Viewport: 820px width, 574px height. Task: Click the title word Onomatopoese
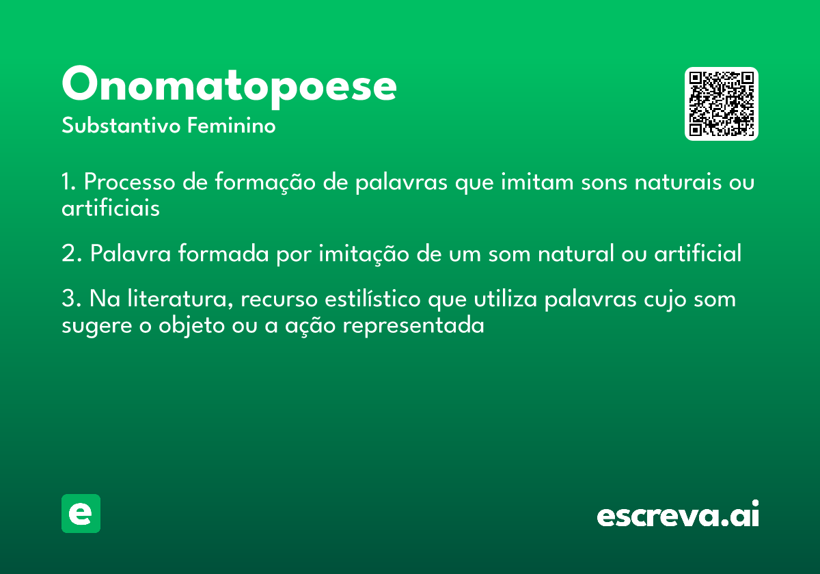[x=229, y=87]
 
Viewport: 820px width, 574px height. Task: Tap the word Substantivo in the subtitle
[x=121, y=125]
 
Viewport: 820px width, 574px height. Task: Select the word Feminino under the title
[x=232, y=125]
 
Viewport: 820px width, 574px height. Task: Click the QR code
[x=721, y=104]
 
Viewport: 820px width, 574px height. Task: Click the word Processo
[x=130, y=182]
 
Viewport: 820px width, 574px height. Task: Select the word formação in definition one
[x=264, y=182]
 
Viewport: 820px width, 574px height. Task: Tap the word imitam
[x=537, y=181]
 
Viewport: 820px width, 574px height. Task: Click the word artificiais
[x=111, y=208]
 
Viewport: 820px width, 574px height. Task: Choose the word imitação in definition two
[x=364, y=254]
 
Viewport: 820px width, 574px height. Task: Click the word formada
[x=223, y=253]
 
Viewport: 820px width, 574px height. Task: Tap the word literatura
[x=180, y=299]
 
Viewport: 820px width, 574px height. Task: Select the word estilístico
[x=372, y=299]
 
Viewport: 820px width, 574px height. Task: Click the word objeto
[x=191, y=325]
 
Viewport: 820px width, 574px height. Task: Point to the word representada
[x=413, y=325]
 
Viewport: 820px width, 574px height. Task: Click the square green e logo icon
[x=81, y=513]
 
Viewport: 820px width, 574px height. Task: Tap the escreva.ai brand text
[x=678, y=513]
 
